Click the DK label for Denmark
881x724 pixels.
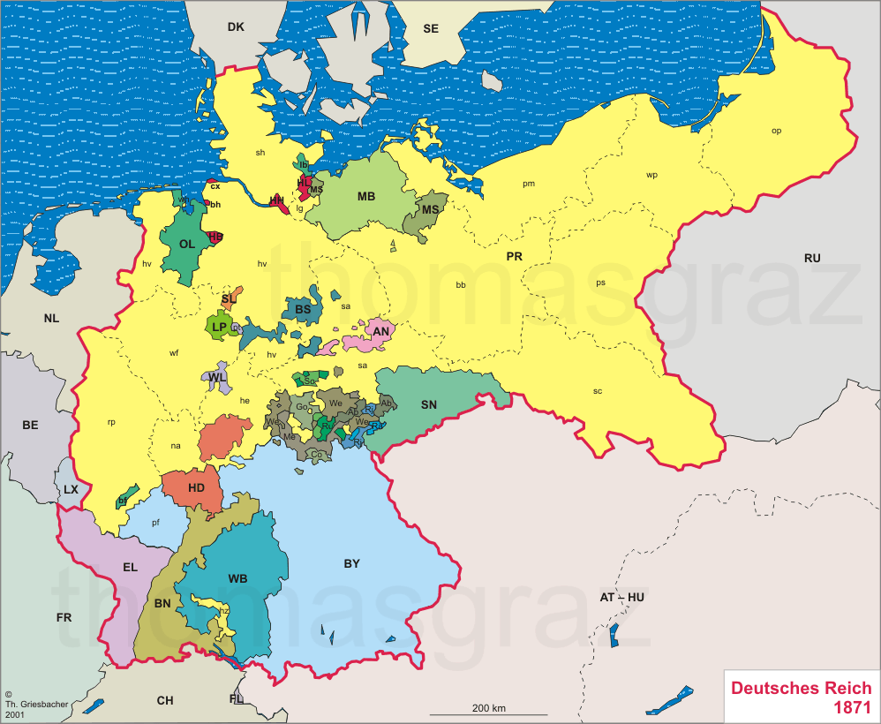click(x=235, y=26)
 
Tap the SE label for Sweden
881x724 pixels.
click(x=431, y=28)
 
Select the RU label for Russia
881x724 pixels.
click(x=812, y=258)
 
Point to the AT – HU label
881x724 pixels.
click(x=622, y=598)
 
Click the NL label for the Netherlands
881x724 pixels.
click(x=51, y=318)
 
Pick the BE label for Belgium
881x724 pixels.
click(x=30, y=425)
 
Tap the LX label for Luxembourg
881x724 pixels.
click(x=71, y=488)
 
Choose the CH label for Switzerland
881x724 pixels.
click(x=165, y=700)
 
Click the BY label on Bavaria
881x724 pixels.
click(x=351, y=563)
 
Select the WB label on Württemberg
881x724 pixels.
click(x=237, y=579)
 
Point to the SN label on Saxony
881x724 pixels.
click(x=429, y=404)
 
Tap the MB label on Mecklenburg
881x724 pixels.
click(x=366, y=196)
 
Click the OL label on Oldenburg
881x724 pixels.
click(x=186, y=244)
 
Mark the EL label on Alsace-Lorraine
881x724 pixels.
click(x=130, y=567)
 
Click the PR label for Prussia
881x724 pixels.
click(x=515, y=256)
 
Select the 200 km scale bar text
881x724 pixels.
click(x=488, y=708)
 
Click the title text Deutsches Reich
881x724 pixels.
click(x=801, y=688)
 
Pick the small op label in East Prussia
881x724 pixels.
click(x=776, y=131)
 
